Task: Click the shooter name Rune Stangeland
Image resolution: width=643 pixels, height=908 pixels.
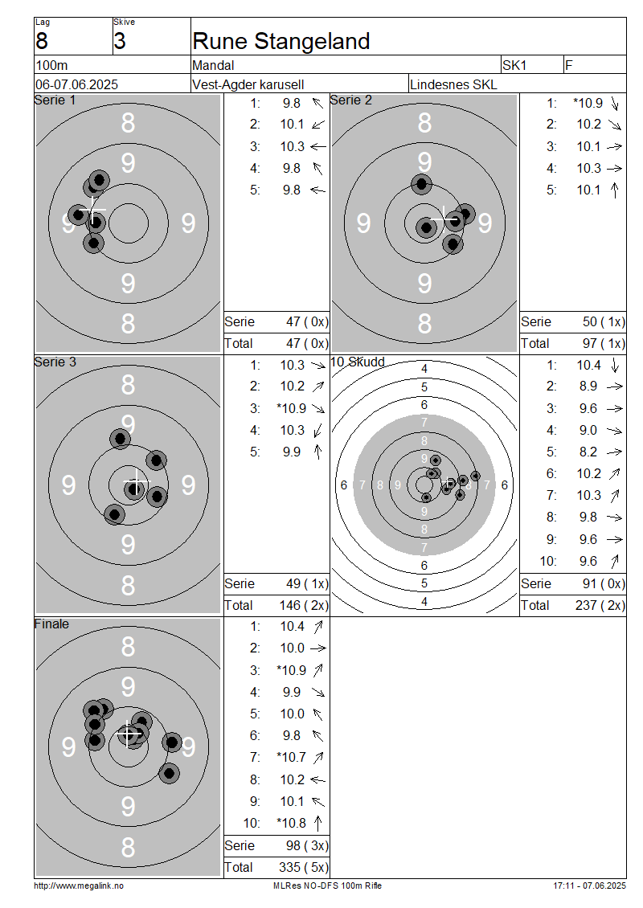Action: coord(281,41)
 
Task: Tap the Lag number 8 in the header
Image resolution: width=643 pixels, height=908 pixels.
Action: coord(42,41)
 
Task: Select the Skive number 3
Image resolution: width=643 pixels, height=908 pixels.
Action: coord(119,41)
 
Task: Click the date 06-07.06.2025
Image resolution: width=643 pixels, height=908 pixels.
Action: coord(76,84)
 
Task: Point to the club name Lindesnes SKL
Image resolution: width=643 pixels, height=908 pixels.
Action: coord(453,84)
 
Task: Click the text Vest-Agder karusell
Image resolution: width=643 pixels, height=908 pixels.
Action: coord(248,84)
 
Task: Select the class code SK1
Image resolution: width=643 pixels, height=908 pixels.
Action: coord(514,65)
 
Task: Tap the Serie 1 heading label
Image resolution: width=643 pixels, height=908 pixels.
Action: coord(55,100)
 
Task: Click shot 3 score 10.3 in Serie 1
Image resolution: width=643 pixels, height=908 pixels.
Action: coord(292,146)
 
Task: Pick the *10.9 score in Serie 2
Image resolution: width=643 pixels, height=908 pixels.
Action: coord(588,103)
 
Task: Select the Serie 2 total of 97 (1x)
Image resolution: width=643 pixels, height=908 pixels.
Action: coord(604,343)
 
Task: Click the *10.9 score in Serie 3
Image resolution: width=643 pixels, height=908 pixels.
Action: coord(292,408)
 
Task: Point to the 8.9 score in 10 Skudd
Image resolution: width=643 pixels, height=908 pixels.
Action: coord(588,387)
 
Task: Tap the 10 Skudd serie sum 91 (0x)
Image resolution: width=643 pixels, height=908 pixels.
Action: coord(604,583)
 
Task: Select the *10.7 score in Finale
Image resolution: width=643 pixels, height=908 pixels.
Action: coord(292,758)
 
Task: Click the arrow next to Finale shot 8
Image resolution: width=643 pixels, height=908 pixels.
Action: coord(318,780)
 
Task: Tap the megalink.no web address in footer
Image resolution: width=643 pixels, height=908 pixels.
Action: coord(79,886)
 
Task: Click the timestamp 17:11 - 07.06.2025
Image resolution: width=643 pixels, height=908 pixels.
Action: coord(590,886)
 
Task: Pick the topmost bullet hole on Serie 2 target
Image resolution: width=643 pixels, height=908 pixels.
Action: coord(422,184)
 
